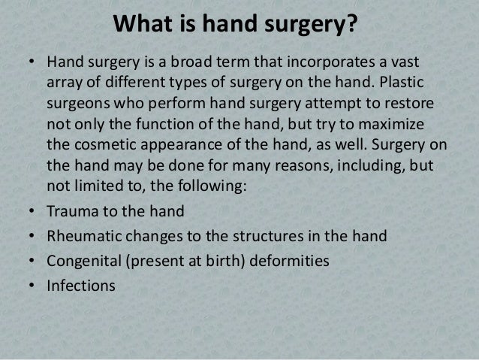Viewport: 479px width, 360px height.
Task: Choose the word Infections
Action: coord(80,285)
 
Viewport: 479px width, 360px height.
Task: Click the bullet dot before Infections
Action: coord(31,285)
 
